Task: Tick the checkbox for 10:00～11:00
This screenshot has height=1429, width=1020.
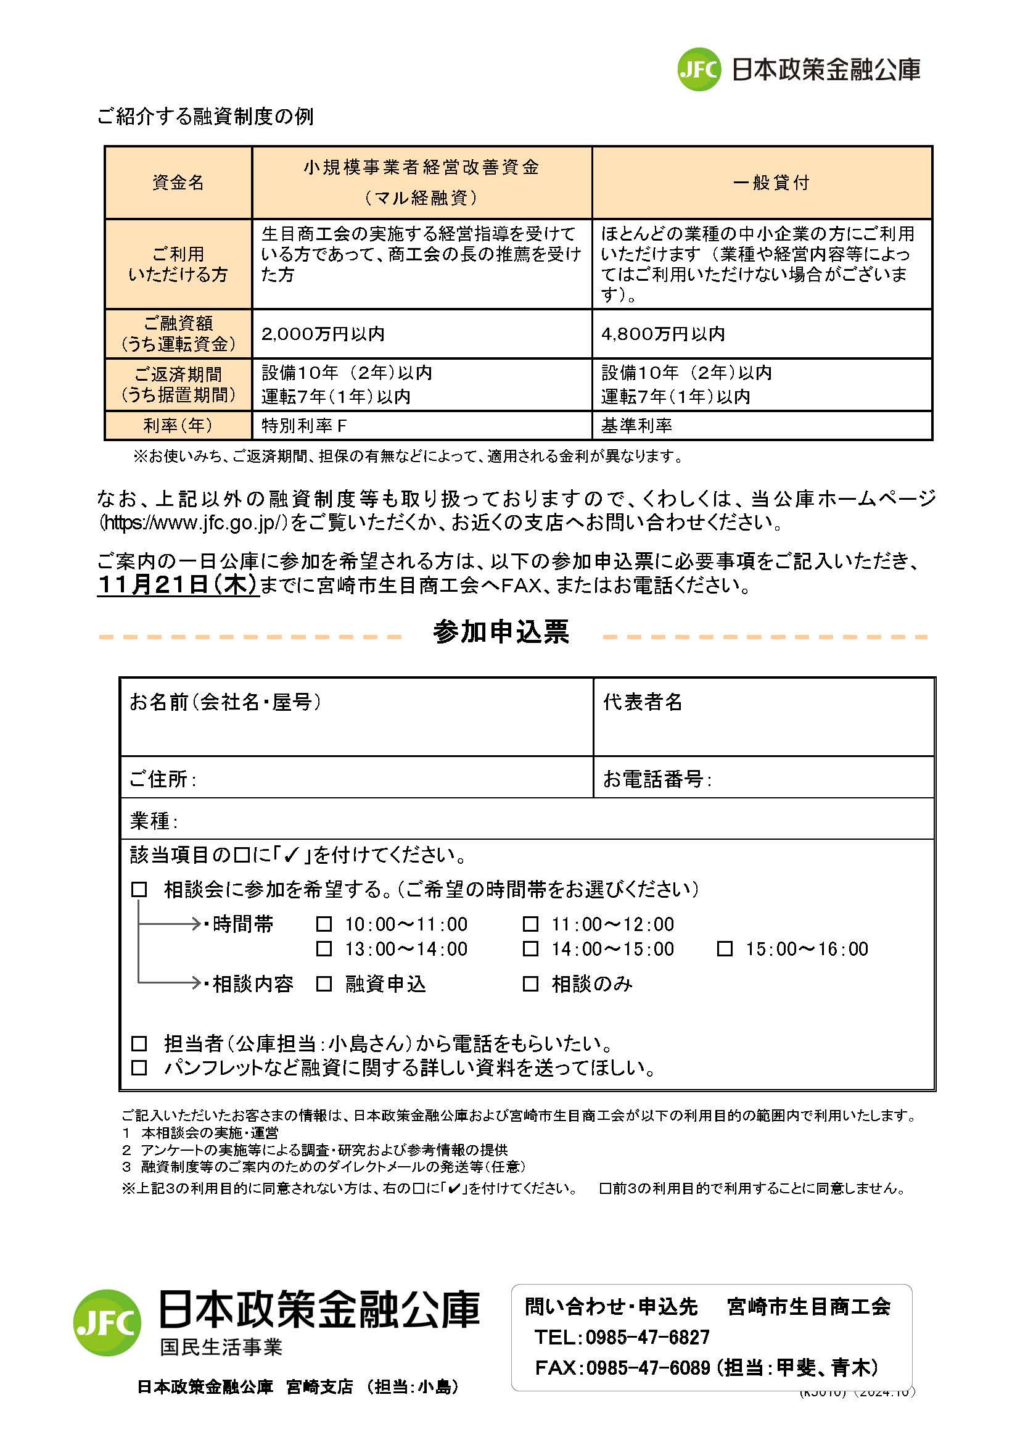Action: (x=324, y=924)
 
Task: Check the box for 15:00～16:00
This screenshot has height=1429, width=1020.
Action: (x=725, y=948)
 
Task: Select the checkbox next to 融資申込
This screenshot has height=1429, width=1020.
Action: (x=324, y=984)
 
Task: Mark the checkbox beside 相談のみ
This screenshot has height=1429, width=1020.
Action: (x=531, y=984)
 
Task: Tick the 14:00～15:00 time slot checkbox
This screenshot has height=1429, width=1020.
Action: (x=531, y=948)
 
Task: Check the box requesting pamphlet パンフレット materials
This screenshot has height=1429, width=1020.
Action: (x=139, y=1067)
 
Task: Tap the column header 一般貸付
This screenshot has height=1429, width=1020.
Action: (x=771, y=183)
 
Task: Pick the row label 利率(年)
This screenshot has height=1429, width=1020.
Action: (x=178, y=426)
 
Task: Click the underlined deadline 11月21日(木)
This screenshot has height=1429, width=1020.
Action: (x=178, y=584)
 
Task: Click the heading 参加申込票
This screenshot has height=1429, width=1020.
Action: (x=501, y=632)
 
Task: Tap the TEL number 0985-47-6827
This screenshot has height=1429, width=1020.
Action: (x=647, y=1337)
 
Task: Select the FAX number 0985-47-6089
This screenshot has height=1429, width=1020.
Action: (x=647, y=1367)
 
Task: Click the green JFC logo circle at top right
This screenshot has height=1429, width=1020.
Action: (x=699, y=69)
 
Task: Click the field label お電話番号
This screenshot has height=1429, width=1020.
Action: (x=656, y=779)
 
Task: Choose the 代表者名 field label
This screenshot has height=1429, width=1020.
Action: (x=643, y=702)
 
